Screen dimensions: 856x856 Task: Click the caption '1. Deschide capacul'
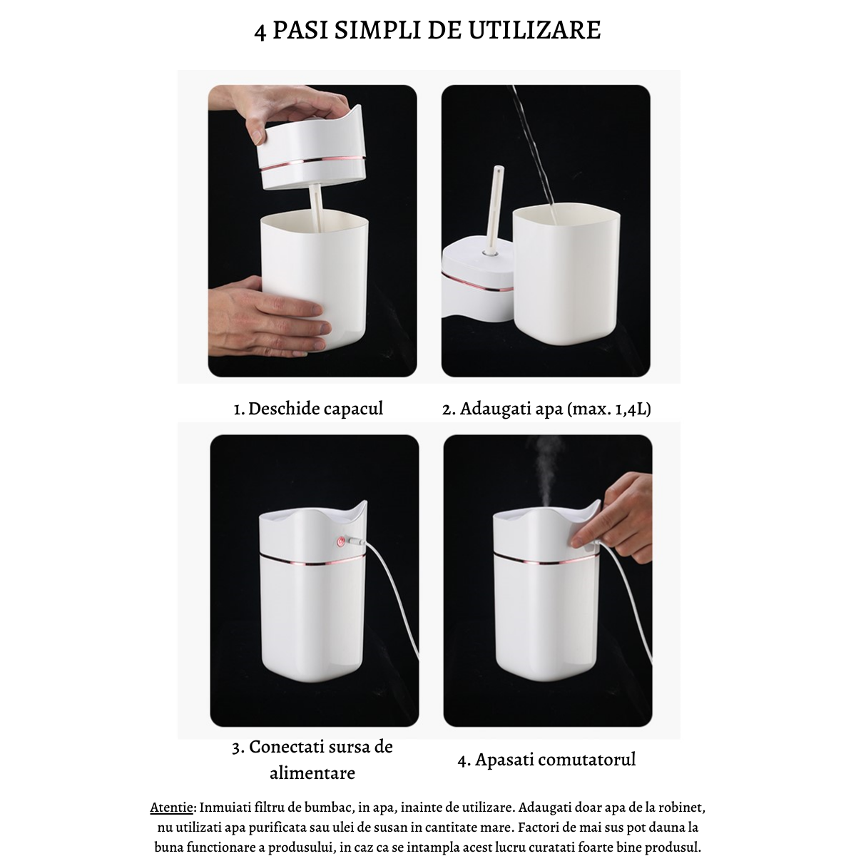coord(308,409)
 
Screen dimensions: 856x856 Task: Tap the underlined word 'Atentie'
coord(171,808)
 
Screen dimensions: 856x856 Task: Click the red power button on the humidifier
coord(341,541)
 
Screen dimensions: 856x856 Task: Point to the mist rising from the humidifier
coord(544,471)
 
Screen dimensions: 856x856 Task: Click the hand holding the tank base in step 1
coord(267,316)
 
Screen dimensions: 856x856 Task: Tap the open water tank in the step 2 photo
coord(566,275)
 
